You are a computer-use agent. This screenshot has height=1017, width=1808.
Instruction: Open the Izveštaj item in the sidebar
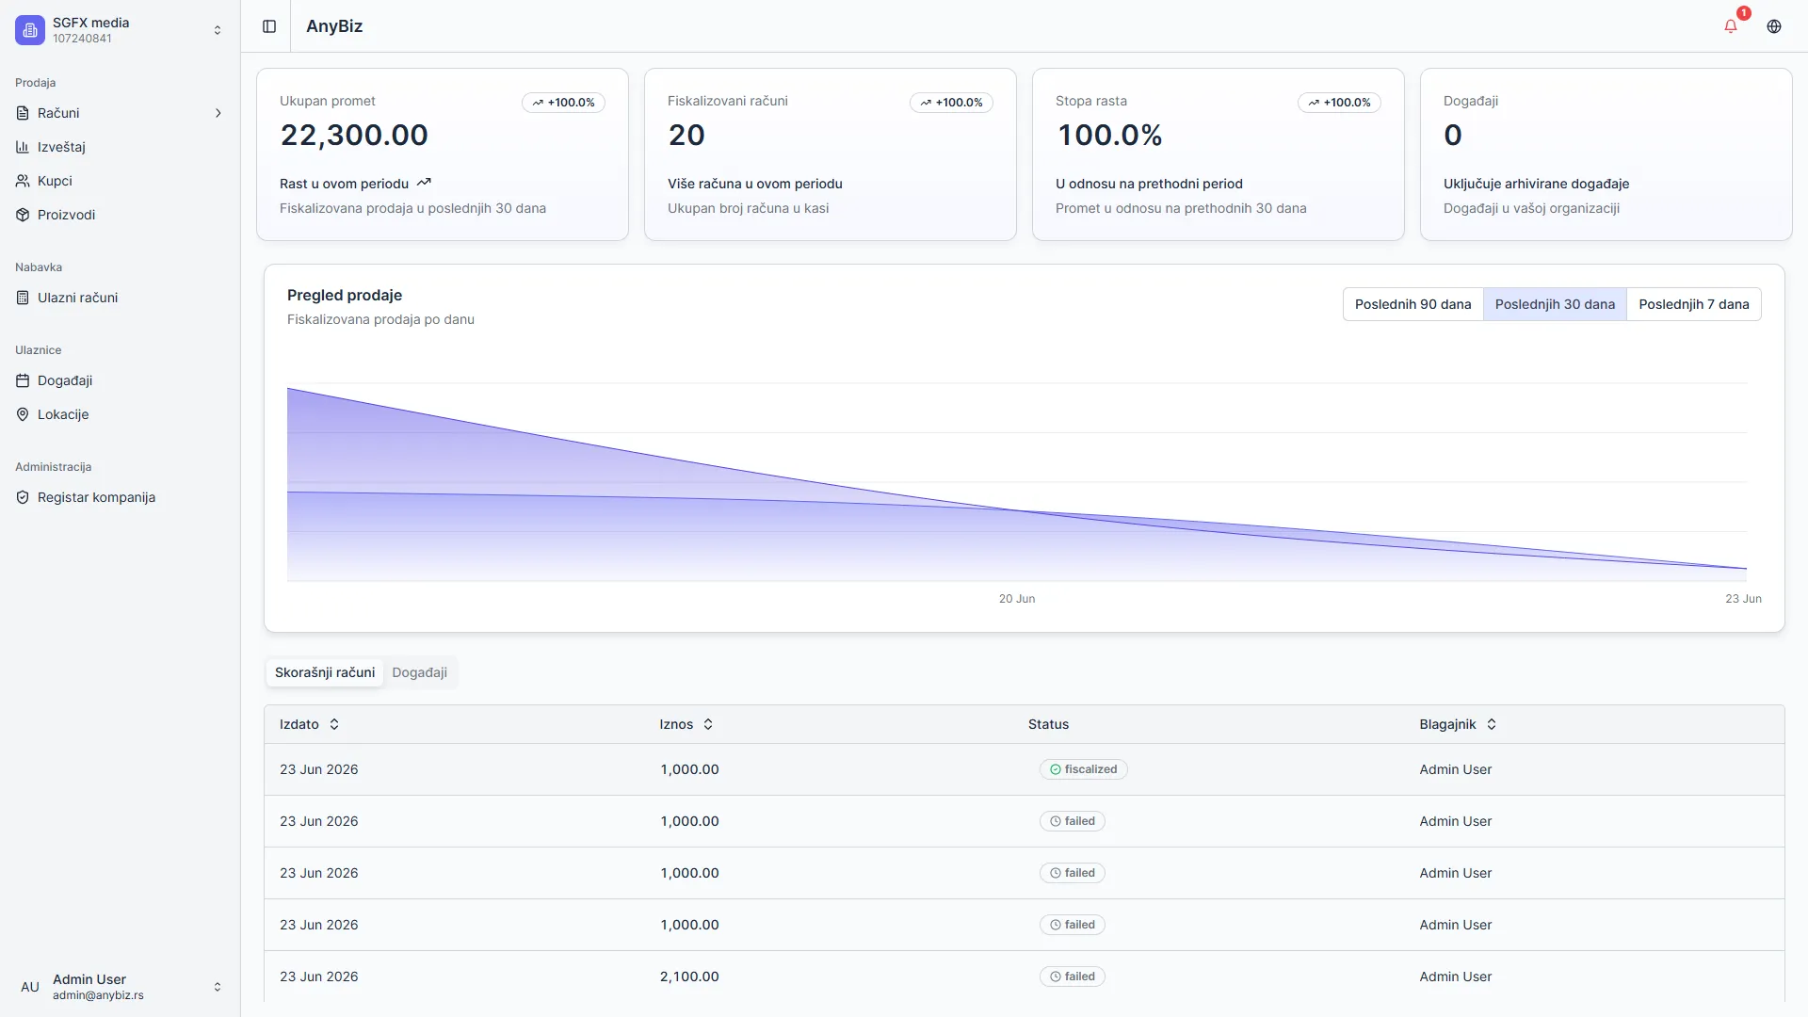[61, 147]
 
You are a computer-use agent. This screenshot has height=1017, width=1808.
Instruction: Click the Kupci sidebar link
[55, 181]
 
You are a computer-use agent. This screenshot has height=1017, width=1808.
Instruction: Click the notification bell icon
[1731, 26]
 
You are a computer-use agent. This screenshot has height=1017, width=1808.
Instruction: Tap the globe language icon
[1774, 26]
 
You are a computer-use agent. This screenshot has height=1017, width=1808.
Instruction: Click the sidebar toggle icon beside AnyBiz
[269, 26]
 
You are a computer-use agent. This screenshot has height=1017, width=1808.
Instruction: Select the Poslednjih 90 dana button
[1412, 304]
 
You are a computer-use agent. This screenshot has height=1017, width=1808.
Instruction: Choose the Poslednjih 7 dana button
[1694, 304]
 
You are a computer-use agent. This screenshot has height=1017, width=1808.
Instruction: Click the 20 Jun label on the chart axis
[1017, 599]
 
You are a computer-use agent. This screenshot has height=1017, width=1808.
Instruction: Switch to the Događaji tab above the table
[419, 672]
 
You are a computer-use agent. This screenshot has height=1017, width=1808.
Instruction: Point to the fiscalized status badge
[1083, 769]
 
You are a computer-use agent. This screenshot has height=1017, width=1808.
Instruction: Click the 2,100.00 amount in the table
[689, 977]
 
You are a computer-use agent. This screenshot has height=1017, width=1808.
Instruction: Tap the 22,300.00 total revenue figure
[354, 135]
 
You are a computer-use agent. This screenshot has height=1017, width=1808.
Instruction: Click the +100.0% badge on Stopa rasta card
[1339, 103]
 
